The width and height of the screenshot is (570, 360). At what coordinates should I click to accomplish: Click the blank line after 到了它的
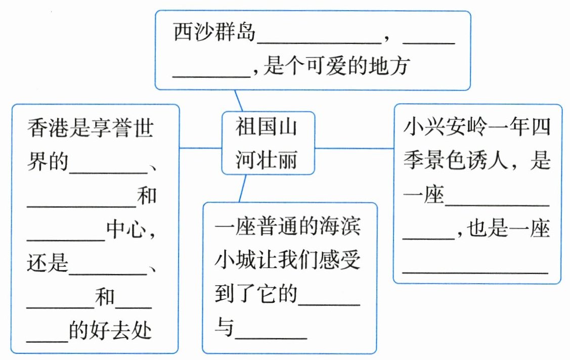pos(329,304)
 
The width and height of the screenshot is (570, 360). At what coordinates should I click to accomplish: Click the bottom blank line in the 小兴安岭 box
pos(475,272)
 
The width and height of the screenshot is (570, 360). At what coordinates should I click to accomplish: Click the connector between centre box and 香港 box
pos(200,148)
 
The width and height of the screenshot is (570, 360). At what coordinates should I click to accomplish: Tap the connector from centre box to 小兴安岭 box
pos(354,148)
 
